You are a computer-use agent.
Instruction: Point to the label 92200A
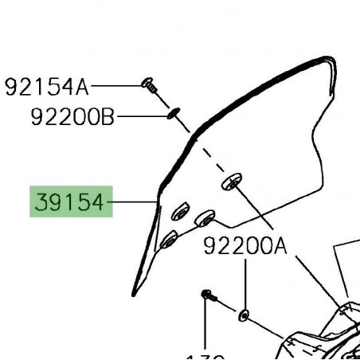tap(245, 247)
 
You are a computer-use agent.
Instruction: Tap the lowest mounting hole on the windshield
tap(169, 238)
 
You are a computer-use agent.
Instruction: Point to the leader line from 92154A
tap(116, 84)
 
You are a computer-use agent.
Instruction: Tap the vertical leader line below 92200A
tap(245, 283)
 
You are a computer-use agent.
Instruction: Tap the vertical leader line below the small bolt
tap(206, 327)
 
